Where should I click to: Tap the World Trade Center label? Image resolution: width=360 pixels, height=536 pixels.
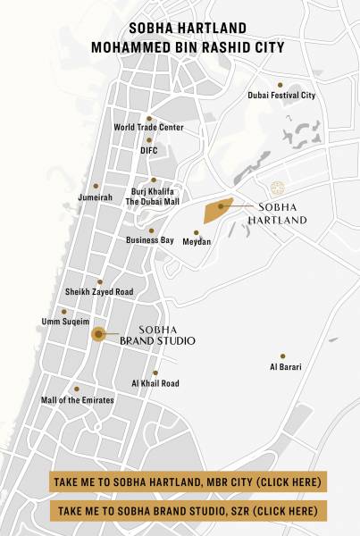point(148,128)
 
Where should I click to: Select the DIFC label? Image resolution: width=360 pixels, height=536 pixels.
point(148,150)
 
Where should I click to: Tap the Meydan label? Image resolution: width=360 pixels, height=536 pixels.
point(197,241)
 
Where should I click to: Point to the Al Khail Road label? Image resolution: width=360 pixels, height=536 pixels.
point(155,383)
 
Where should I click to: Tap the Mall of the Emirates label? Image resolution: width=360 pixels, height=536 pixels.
point(78,400)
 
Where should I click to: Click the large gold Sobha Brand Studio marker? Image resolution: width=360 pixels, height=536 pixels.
point(98,334)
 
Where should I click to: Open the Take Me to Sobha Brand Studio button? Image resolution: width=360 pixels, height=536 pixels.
point(188,511)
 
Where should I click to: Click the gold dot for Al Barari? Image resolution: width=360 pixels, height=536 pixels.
point(283,356)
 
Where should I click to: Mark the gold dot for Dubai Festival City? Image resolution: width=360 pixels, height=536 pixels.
point(280,85)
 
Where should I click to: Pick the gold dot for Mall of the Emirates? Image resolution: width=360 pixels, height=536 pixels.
point(77,389)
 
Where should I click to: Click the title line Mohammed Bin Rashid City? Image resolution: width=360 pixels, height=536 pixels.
point(180,46)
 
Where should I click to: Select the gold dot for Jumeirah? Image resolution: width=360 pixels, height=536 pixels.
point(96,186)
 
